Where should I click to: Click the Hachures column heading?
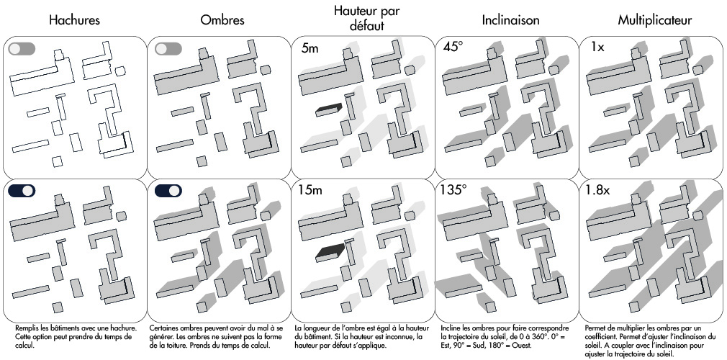click(x=74, y=21)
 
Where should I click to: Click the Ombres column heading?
click(x=222, y=21)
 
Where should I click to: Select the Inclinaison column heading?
click(x=510, y=21)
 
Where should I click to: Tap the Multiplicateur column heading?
click(x=654, y=21)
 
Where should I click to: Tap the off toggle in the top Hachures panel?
click(x=22, y=49)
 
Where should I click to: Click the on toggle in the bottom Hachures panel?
click(x=22, y=191)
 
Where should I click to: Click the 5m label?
click(x=310, y=50)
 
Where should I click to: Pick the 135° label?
click(x=455, y=192)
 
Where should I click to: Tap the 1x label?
click(x=595, y=50)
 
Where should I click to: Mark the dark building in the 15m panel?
click(x=328, y=252)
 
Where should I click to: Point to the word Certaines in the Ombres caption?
click(x=166, y=328)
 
